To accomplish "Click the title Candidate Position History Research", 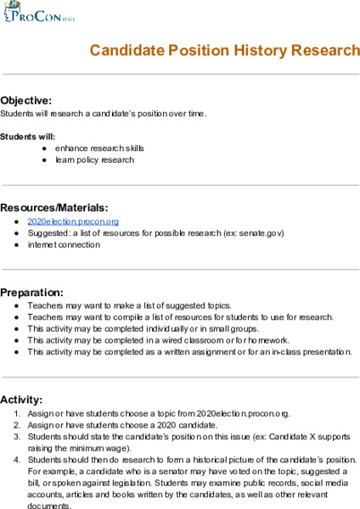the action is pos(224,50).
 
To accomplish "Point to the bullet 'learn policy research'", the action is pos(94,159).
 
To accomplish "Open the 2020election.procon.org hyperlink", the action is pos(66,221).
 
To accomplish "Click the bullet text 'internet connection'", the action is pos(63,244).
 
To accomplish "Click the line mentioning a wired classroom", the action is pos(147,340).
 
